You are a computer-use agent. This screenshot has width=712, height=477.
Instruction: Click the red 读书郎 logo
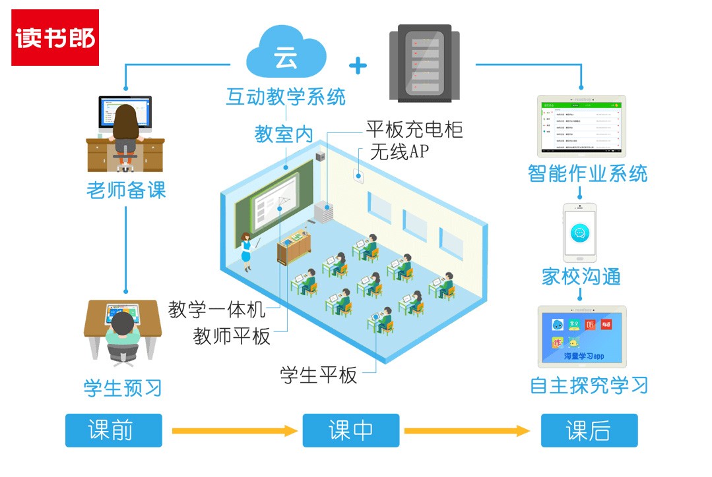(x=55, y=38)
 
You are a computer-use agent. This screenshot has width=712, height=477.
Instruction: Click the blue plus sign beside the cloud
(x=358, y=65)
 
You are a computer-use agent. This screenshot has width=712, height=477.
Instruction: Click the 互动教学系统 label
(x=286, y=98)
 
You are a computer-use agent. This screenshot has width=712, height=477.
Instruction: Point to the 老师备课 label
(x=126, y=191)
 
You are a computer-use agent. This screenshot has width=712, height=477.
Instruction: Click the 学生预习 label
(x=123, y=387)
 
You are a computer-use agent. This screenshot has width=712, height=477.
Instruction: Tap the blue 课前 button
(x=113, y=430)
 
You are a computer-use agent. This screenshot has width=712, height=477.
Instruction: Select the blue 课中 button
(x=351, y=430)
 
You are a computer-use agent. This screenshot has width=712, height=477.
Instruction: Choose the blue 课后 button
(x=589, y=430)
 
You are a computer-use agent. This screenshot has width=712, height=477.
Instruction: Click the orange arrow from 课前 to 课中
(x=234, y=431)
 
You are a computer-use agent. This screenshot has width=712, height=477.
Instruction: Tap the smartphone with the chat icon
(x=580, y=232)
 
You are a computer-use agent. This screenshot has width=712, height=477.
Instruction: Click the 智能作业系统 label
(x=587, y=173)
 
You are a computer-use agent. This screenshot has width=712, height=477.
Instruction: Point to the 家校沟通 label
(x=581, y=276)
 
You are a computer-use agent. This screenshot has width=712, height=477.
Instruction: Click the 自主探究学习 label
(x=589, y=385)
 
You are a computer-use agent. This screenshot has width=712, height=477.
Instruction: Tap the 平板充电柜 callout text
(x=414, y=129)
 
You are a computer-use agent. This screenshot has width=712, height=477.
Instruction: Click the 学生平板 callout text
(x=319, y=376)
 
